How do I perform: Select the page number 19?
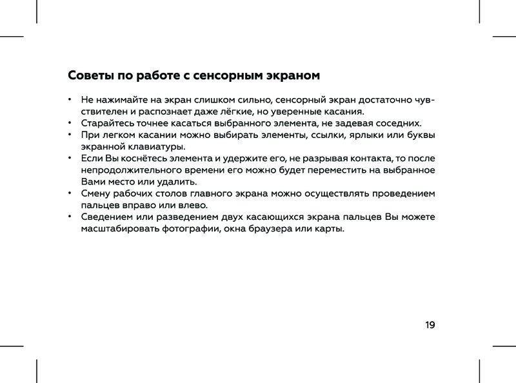(x=430, y=325)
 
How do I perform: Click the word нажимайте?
(x=121, y=100)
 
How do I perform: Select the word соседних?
(x=399, y=123)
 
